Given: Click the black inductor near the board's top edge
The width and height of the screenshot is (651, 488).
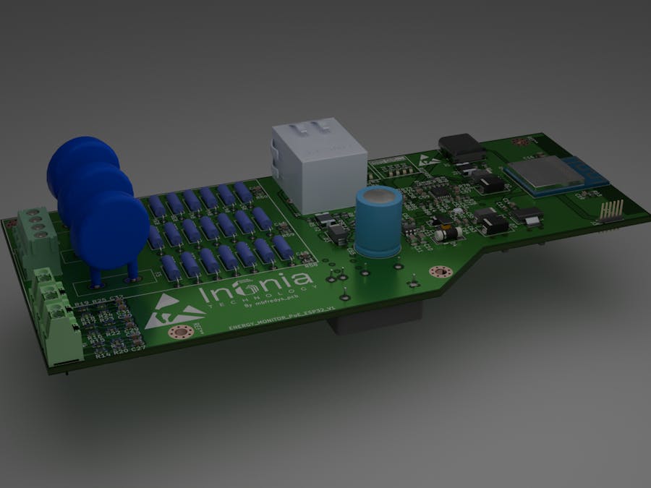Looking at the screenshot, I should click(x=461, y=146).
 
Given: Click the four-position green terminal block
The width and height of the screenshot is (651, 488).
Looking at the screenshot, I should click(x=35, y=235).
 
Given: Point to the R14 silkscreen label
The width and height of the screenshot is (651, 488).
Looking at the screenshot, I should click(x=102, y=356).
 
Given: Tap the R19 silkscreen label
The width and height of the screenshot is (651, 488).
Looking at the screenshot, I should click(x=81, y=305).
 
